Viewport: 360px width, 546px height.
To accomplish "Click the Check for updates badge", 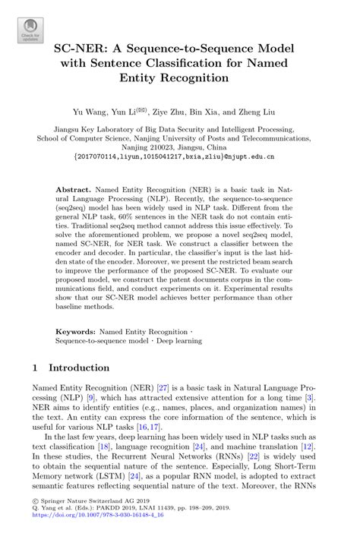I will point(30,29).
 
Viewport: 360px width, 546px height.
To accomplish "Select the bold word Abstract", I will point(80,187).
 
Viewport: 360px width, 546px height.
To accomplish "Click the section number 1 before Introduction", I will point(35,368).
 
